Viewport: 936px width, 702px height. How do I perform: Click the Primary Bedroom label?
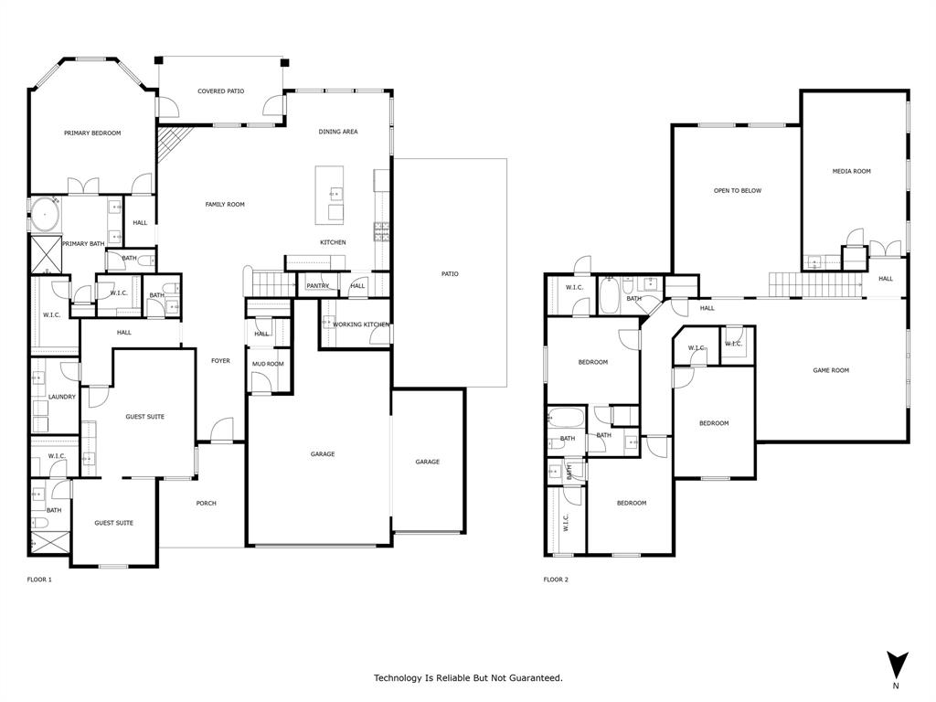[x=92, y=133]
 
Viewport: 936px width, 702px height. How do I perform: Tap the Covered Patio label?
[x=221, y=91]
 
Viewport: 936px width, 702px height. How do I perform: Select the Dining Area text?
[x=338, y=132]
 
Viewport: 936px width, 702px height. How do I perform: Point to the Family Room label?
[x=225, y=205]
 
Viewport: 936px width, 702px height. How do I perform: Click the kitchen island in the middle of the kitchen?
[x=330, y=195]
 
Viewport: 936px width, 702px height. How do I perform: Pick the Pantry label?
[x=317, y=286]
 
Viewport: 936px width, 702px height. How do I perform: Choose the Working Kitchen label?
[x=360, y=324]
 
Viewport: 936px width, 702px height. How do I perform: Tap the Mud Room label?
[x=268, y=364]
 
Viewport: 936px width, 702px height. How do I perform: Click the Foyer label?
[x=220, y=361]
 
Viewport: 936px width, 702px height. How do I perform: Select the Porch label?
[x=207, y=504]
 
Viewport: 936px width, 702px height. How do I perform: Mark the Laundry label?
[x=62, y=397]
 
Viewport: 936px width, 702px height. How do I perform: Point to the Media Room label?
[x=851, y=171]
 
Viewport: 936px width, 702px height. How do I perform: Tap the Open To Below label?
[x=738, y=191]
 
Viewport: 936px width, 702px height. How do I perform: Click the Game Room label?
[x=831, y=370]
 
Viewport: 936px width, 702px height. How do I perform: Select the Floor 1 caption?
[x=39, y=580]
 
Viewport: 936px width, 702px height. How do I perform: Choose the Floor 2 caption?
[x=556, y=580]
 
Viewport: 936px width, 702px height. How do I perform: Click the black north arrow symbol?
[x=897, y=665]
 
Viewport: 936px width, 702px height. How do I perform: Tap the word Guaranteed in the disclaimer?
[x=534, y=678]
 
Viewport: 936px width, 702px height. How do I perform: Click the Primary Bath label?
[x=82, y=244]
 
